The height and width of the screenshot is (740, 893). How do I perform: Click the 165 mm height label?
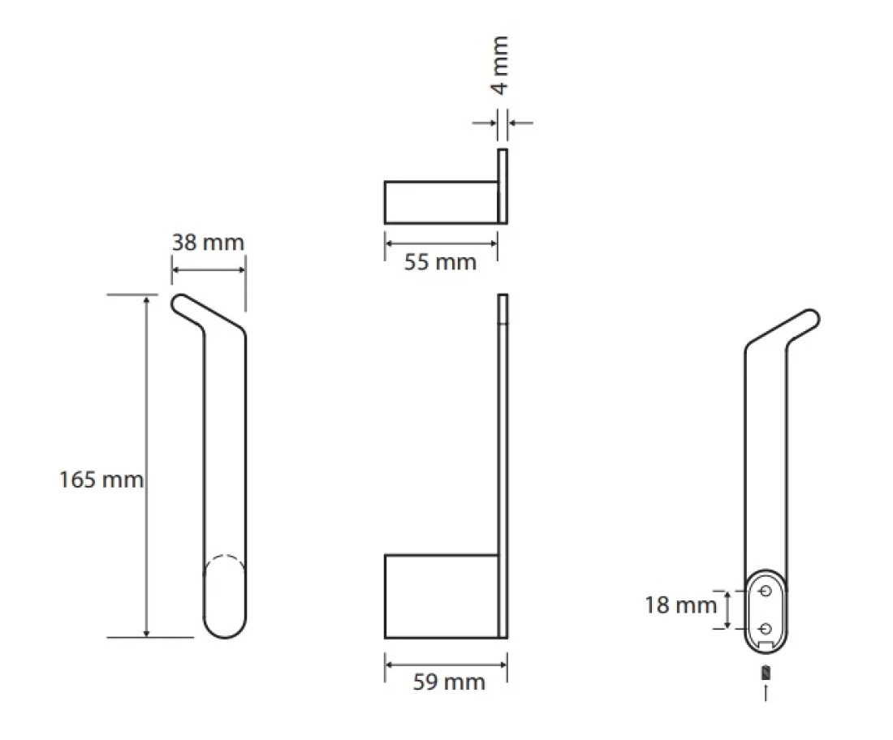click(101, 480)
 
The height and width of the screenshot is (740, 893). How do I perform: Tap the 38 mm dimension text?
click(208, 243)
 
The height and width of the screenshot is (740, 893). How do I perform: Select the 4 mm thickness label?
click(500, 64)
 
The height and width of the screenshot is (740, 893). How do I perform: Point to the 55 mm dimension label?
click(440, 262)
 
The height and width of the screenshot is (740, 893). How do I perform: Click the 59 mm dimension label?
click(449, 682)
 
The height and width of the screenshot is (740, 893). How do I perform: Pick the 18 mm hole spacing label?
click(680, 605)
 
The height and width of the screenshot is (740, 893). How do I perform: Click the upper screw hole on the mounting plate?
click(766, 591)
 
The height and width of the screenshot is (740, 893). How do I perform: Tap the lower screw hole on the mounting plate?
click(766, 628)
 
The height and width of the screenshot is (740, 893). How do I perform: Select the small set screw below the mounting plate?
click(766, 673)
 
